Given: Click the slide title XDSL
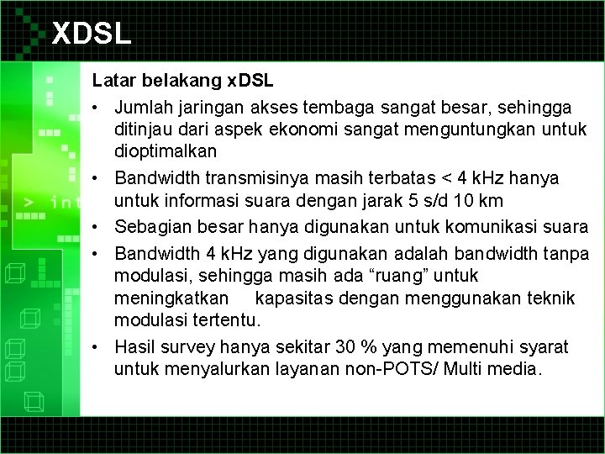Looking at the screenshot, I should pyautogui.click(x=92, y=34).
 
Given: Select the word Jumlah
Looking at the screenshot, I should pyautogui.click(x=144, y=108).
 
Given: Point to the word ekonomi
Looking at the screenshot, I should pyautogui.click(x=313, y=129).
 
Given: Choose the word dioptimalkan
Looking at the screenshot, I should pyautogui.click(x=166, y=151).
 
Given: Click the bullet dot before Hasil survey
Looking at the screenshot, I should pyautogui.click(x=98, y=346).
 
